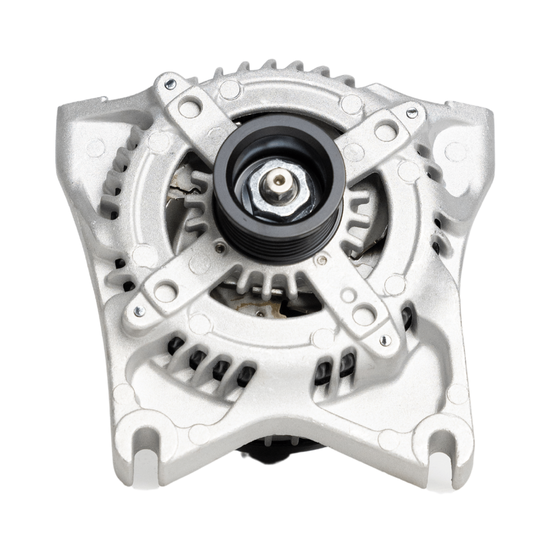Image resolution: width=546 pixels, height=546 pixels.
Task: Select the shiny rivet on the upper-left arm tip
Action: [x=169, y=83]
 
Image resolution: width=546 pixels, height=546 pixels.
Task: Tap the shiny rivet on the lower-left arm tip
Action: [x=137, y=309]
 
